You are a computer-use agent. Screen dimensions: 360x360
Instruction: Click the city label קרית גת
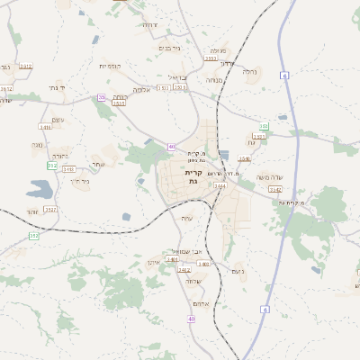coord(193,176)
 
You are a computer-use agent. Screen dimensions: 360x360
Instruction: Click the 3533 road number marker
coord(119,103)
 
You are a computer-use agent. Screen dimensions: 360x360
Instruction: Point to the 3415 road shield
coord(45,127)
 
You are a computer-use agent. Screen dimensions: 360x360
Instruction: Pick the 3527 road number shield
coord(50,209)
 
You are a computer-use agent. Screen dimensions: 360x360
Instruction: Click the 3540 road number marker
coord(244,157)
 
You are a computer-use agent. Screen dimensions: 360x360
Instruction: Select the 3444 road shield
coord(220,186)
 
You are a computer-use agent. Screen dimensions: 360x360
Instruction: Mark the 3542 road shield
coord(275,190)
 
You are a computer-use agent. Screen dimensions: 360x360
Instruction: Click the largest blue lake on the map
coord(41,189)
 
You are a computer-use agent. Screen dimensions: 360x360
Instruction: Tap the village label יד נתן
coord(56,87)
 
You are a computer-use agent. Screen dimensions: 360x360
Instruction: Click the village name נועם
coord(238,271)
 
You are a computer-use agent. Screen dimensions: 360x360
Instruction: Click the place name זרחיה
coord(148,24)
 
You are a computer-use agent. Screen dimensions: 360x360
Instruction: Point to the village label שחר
coord(97,164)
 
